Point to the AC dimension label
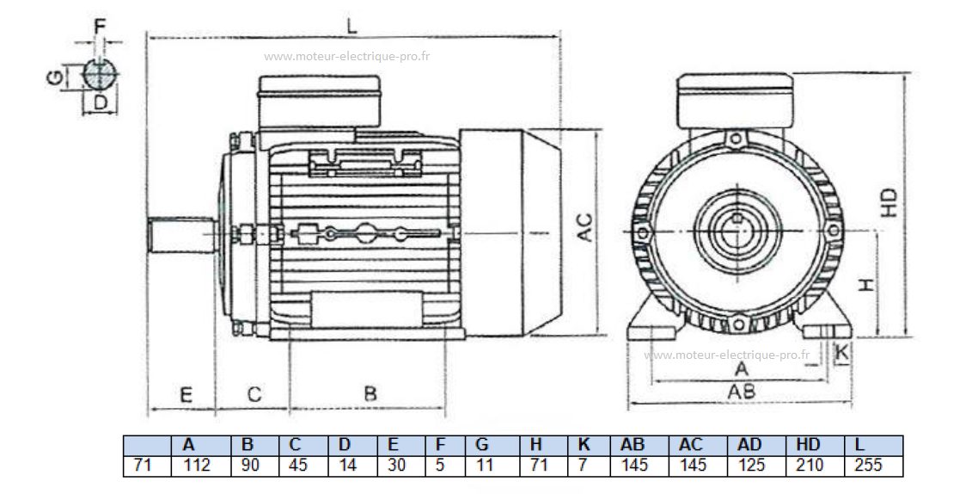[x=585, y=227]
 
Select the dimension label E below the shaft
[x=185, y=394]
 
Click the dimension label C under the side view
[x=254, y=394]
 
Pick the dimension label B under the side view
[x=370, y=394]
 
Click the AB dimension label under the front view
[x=742, y=392]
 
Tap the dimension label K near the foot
[x=842, y=351]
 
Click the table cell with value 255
[x=869, y=466]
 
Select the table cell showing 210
[x=809, y=466]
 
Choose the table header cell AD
[x=749, y=445]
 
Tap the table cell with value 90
[x=248, y=466]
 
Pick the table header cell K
[x=584, y=445]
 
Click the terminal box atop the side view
[x=321, y=101]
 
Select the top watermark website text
[x=346, y=57]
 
